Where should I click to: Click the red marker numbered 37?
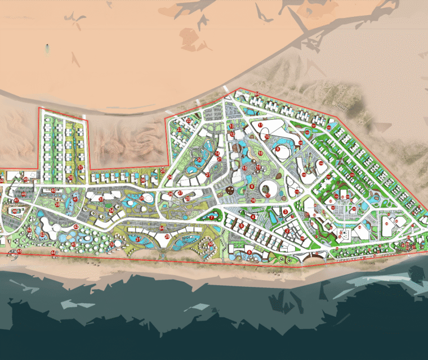coord(81,168)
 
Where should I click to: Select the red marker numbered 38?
coord(70,178)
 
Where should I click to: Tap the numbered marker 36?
coord(143,180)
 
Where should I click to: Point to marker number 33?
coord(101,199)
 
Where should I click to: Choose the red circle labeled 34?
coord(112,210)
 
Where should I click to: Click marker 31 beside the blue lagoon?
coord(138,240)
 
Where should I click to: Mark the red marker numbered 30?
coord(211,244)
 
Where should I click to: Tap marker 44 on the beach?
coord(53,253)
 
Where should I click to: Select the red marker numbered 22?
coord(189,120)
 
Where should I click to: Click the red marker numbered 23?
coord(180,129)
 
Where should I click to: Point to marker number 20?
coord(199,160)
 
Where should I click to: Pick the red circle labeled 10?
coord(267,136)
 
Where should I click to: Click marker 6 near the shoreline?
coord(249,253)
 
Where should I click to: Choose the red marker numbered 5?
coord(242,226)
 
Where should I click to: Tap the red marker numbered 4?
coord(253,217)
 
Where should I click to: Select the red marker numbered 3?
coord(286,211)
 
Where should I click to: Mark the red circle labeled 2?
coord(287,231)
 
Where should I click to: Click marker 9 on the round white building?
coord(278,149)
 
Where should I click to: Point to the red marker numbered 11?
coord(260,125)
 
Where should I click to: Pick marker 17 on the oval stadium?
coord(268,195)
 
